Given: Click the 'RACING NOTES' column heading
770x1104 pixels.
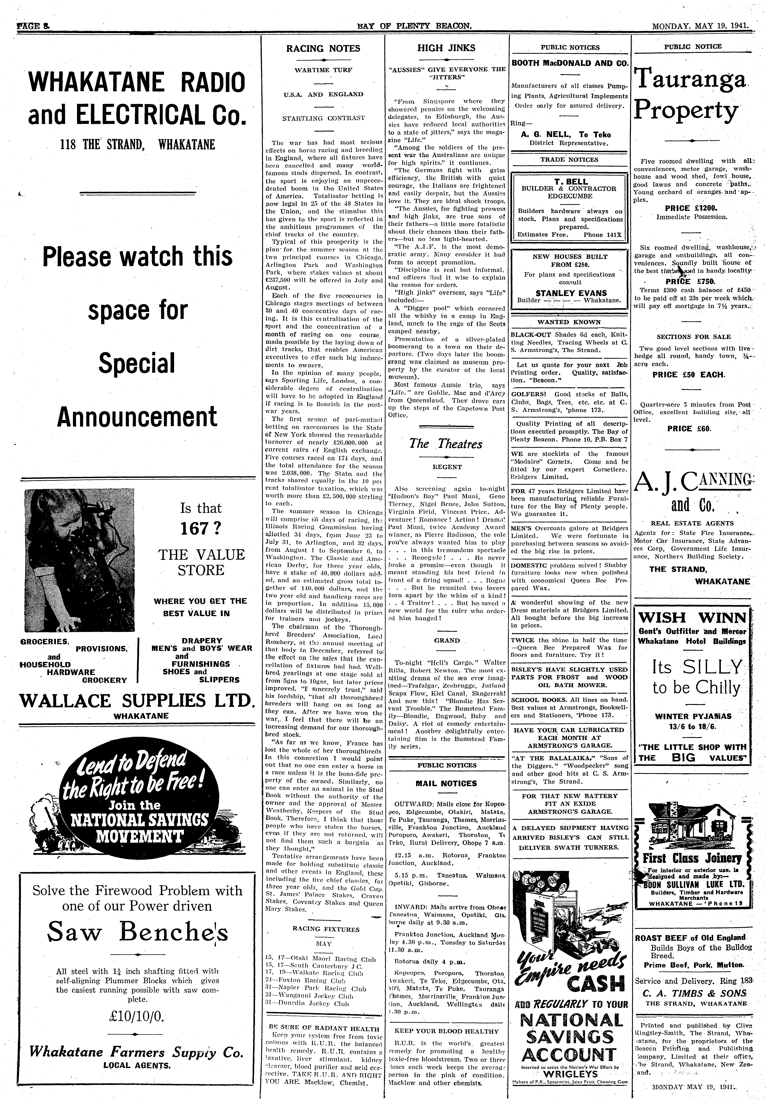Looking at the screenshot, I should [x=323, y=49].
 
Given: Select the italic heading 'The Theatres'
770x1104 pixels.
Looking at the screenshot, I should [x=445, y=444].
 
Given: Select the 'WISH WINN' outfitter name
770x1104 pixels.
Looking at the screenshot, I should [x=692, y=617].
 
